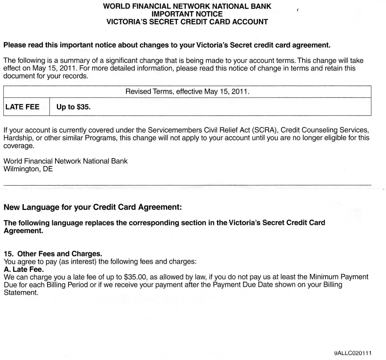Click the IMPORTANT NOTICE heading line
tap(187, 14)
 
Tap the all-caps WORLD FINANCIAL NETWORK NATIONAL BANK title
tap(187, 6)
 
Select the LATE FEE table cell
tap(22, 107)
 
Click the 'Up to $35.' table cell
tap(73, 107)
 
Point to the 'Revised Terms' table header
tap(187, 91)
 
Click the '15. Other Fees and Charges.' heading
tap(53, 254)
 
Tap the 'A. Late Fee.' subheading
tap(23, 269)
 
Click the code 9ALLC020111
tap(353, 353)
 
